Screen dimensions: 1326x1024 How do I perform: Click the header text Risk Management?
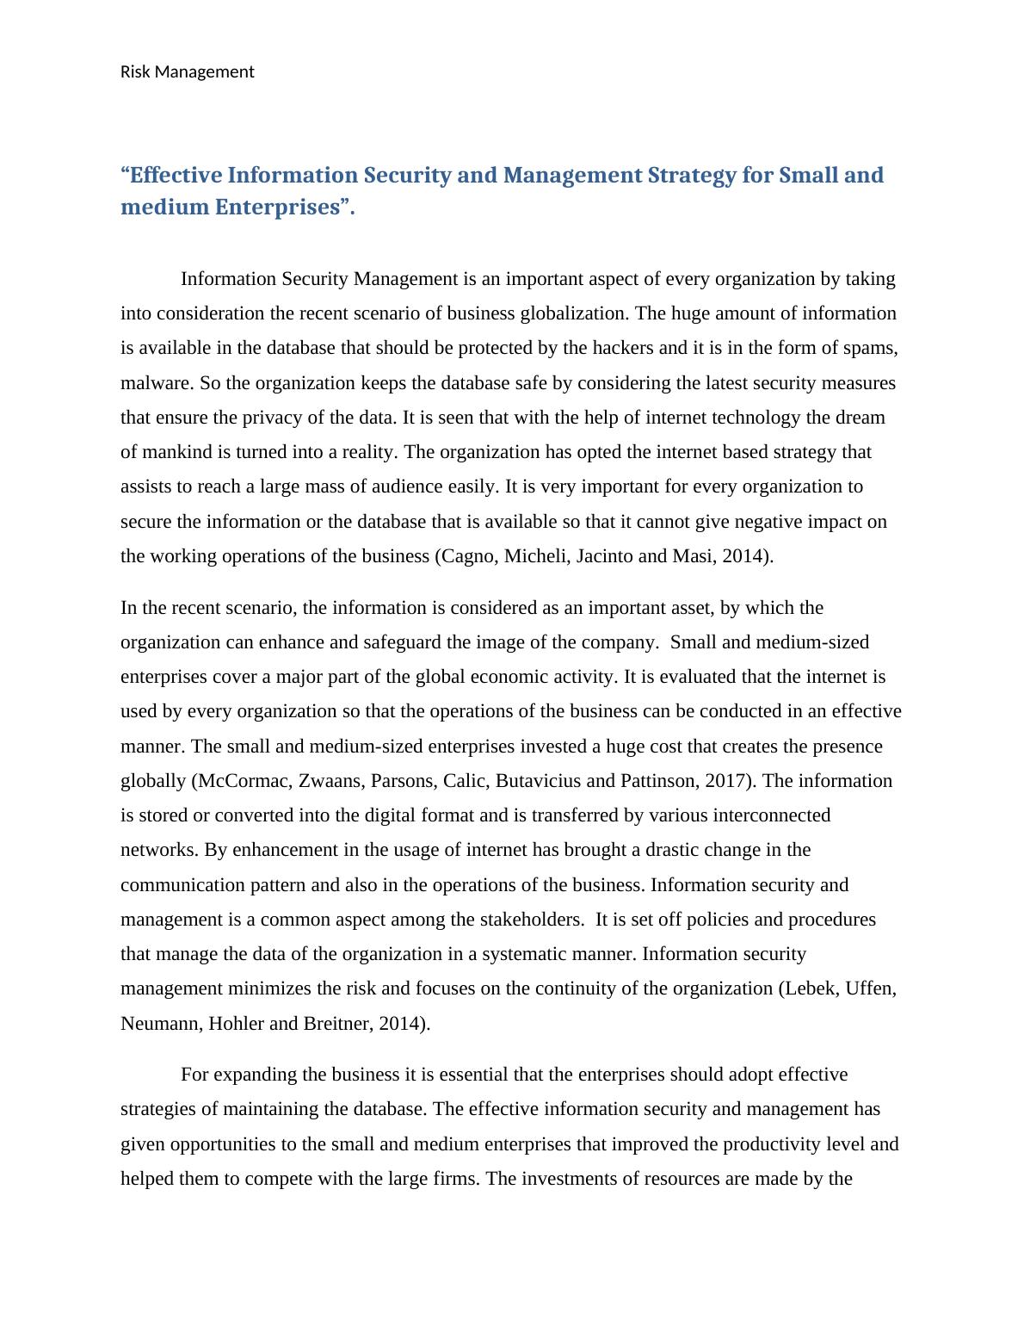187,72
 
